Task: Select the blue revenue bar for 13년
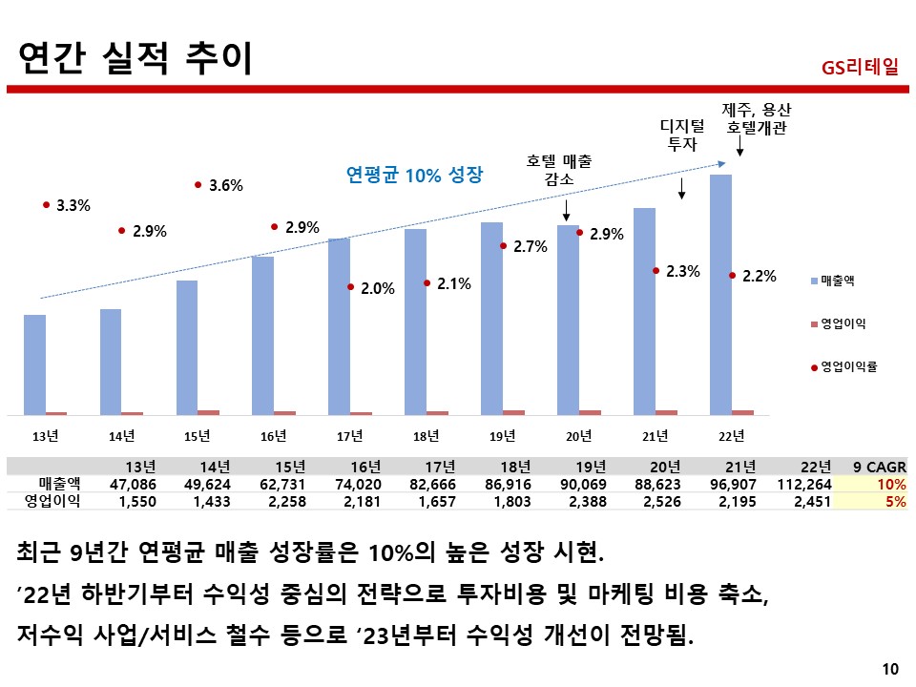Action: click(x=34, y=364)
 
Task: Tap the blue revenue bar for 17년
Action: click(x=339, y=326)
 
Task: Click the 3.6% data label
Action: click(x=225, y=186)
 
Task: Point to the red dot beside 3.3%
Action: click(x=46, y=204)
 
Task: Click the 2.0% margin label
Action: click(x=377, y=287)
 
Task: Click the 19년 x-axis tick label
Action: click(x=502, y=436)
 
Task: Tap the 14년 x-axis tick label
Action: click(x=121, y=436)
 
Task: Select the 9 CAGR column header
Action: click(x=879, y=467)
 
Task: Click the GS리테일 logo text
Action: click(x=859, y=68)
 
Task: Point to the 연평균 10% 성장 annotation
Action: click(x=414, y=175)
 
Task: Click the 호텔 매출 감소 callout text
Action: click(x=558, y=170)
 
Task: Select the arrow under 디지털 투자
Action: click(x=681, y=188)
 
